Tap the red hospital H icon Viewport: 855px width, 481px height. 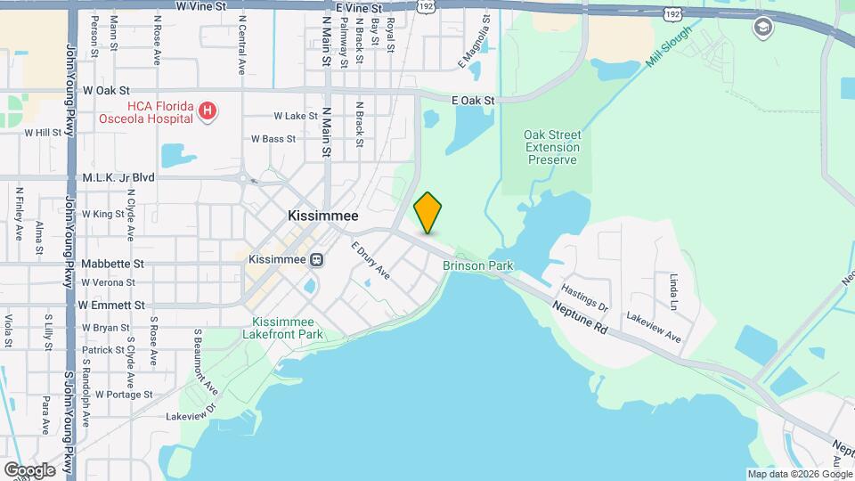[x=208, y=110]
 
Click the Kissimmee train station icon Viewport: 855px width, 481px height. [x=315, y=259]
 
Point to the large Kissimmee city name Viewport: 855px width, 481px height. [x=322, y=216]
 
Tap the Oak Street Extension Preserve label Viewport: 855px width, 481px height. [x=551, y=147]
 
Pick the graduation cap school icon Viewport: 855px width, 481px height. [x=761, y=28]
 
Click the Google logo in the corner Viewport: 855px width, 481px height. [x=29, y=469]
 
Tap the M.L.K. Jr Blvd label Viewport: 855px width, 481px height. [x=118, y=177]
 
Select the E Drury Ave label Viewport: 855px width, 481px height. [x=370, y=259]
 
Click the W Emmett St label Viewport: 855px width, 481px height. [x=111, y=305]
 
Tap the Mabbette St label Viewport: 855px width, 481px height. [x=112, y=264]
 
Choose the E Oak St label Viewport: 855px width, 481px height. [x=473, y=101]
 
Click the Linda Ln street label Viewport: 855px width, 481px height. [x=673, y=292]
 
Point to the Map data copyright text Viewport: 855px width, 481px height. [x=799, y=474]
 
